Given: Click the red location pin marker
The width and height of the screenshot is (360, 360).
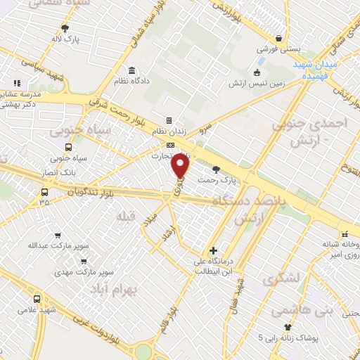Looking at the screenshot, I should pyautogui.click(x=181, y=166).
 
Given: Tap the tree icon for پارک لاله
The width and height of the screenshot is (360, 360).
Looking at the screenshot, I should pyautogui.click(x=65, y=28).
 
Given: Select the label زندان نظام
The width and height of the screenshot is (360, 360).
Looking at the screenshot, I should pyautogui.click(x=168, y=132).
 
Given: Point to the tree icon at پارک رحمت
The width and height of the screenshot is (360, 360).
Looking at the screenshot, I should pyautogui.click(x=215, y=169).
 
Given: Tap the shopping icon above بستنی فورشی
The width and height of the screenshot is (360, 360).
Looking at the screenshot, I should pyautogui.click(x=280, y=38).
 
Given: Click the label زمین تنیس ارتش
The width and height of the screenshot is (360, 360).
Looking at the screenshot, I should pyautogui.click(x=257, y=83).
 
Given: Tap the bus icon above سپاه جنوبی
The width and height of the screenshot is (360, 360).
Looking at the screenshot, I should pyautogui.click(x=68, y=147).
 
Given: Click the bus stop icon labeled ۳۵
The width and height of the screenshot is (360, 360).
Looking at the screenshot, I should pyautogui.click(x=45, y=191).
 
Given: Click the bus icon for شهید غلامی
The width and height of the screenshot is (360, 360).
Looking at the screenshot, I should pyautogui.click(x=37, y=299).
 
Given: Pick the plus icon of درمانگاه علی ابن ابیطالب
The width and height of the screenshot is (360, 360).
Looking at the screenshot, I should pyautogui.click(x=213, y=250).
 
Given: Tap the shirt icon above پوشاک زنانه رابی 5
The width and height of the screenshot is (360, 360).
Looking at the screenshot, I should pyautogui.click(x=288, y=327).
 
